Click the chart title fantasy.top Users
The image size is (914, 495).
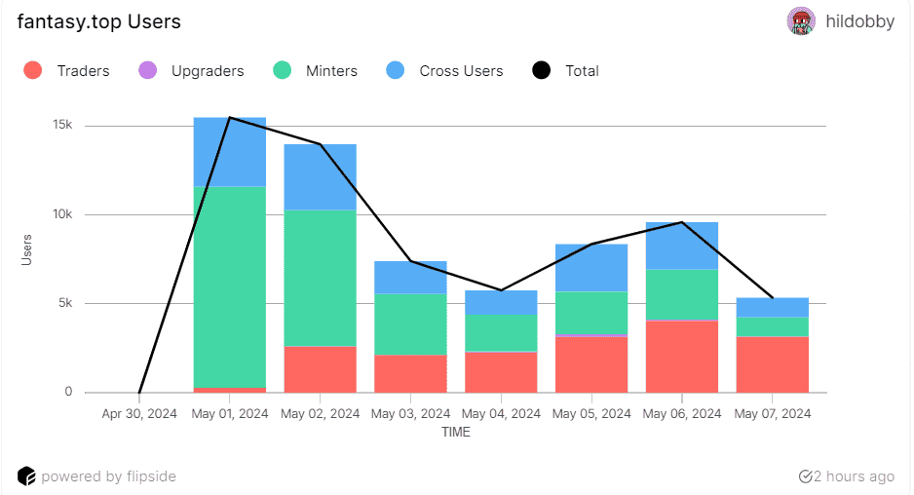(x=98, y=21)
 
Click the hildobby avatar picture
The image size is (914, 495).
(x=800, y=21)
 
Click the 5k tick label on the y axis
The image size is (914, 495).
(x=63, y=303)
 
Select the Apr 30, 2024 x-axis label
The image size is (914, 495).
(x=139, y=413)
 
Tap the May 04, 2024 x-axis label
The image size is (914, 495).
(x=501, y=413)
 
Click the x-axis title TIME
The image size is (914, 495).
(x=455, y=432)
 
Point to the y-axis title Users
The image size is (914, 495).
(x=26, y=250)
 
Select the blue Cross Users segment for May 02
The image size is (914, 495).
(x=320, y=177)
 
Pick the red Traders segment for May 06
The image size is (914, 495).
(x=681, y=357)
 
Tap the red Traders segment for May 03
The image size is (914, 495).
(x=410, y=374)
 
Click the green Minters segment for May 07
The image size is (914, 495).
(x=772, y=326)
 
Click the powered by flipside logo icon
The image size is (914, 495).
(x=26, y=476)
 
